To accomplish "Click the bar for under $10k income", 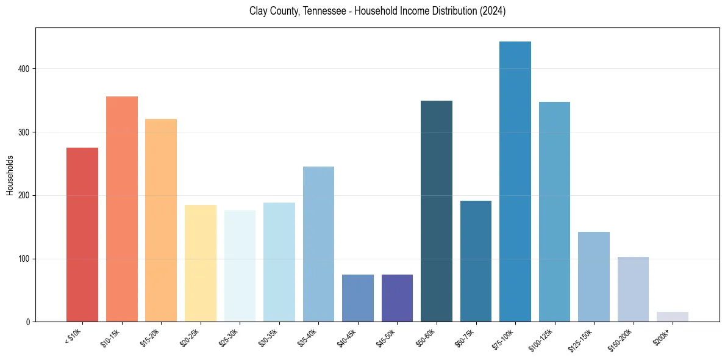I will (82, 235).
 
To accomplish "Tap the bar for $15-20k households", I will (161, 220).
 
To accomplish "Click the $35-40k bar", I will (318, 244).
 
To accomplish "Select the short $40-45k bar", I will (358, 298).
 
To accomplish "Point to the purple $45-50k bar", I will (397, 298).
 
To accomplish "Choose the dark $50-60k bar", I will (437, 211).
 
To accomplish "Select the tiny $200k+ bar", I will (673, 317).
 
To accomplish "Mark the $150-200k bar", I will (633, 289).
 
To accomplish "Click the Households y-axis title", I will (10, 175).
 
